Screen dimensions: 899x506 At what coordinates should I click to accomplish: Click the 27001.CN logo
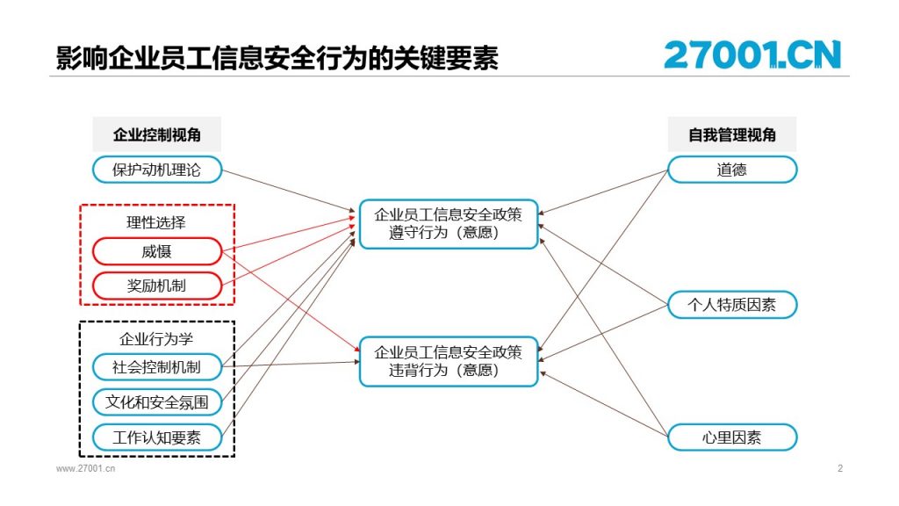click(x=752, y=54)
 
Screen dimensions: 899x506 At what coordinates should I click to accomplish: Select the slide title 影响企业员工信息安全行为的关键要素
click(x=277, y=57)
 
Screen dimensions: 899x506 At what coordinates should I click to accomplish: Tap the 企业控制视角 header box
click(x=156, y=134)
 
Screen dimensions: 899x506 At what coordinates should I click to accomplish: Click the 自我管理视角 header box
click(x=732, y=134)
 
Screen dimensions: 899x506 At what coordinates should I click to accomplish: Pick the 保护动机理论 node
click(x=157, y=170)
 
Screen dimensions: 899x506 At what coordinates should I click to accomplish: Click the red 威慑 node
click(x=157, y=251)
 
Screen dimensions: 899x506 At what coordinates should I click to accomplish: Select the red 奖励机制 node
click(x=157, y=286)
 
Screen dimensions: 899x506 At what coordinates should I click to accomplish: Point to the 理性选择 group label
click(x=156, y=222)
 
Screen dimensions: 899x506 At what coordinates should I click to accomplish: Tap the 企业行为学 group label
click(x=156, y=339)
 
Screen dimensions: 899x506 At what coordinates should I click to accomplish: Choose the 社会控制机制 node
click(x=157, y=367)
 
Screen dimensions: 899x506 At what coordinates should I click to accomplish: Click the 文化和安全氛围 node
click(x=157, y=402)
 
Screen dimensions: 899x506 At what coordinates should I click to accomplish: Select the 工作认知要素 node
click(x=157, y=437)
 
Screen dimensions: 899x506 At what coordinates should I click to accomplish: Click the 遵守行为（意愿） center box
click(x=449, y=224)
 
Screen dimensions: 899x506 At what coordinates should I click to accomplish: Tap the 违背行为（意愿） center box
click(x=449, y=361)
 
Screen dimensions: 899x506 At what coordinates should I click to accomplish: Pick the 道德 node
click(x=732, y=170)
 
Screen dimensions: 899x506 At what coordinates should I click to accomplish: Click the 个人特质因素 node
click(x=732, y=305)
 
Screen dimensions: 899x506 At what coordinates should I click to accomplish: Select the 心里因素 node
click(x=732, y=437)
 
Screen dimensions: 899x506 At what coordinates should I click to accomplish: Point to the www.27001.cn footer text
click(x=85, y=468)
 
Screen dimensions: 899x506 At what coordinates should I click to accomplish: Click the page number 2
click(x=840, y=468)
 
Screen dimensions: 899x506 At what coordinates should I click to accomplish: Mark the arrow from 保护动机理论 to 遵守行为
click(x=289, y=191)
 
